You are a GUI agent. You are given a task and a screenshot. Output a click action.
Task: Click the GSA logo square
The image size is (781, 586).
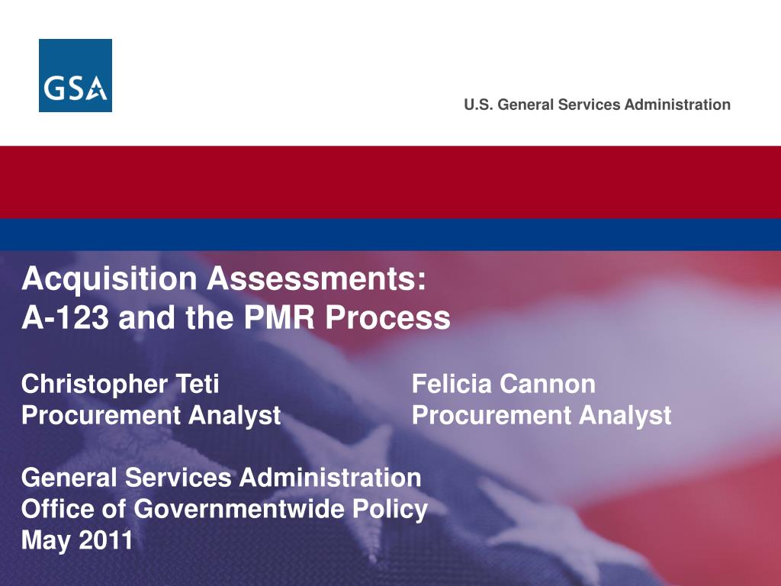pos(76,76)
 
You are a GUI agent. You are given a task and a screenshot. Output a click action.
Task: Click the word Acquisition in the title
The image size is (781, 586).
pos(109,279)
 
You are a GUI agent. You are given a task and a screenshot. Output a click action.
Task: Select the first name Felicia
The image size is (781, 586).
pos(452,385)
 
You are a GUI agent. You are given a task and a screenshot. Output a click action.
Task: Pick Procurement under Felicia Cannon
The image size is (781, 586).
pos(491,416)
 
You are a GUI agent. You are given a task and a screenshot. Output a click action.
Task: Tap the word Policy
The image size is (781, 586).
pos(397,509)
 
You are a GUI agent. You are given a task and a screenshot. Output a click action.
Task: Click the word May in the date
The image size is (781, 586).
pos(43,541)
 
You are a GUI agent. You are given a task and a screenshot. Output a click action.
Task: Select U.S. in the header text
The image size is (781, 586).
pos(478,105)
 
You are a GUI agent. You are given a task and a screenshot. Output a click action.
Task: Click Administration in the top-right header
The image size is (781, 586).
pos(677,105)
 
